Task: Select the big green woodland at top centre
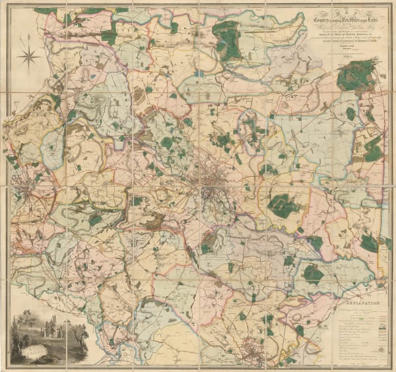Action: pyautogui.click(x=227, y=39)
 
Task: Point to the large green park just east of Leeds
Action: pyautogui.click(x=285, y=206)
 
